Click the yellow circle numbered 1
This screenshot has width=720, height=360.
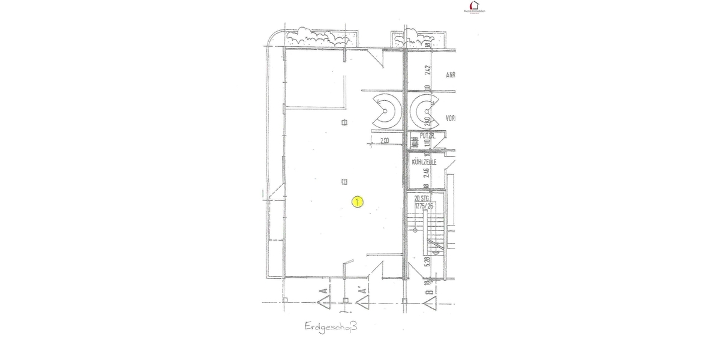(357, 202)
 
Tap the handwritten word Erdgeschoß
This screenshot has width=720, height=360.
(329, 328)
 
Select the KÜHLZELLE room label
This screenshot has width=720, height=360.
(424, 162)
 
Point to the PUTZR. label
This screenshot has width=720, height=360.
(427, 136)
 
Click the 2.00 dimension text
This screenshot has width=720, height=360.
(385, 141)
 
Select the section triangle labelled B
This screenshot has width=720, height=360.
(429, 299)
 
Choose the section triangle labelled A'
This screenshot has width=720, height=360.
(362, 298)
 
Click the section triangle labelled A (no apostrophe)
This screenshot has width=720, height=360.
(325, 298)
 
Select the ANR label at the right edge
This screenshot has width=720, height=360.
(451, 76)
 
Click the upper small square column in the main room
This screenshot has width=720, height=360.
(344, 122)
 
